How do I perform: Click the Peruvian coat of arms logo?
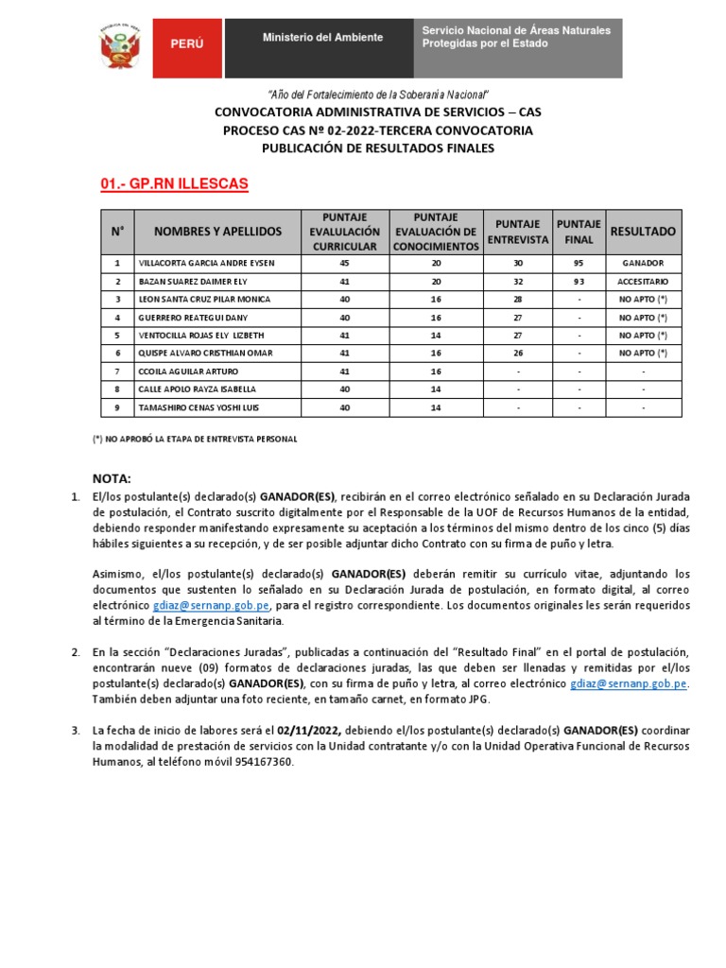pyautogui.click(x=121, y=46)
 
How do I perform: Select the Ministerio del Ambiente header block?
pyautogui.click(x=322, y=38)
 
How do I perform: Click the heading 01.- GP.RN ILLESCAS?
pyautogui.click(x=174, y=183)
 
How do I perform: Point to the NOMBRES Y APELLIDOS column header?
pyautogui.click(x=217, y=232)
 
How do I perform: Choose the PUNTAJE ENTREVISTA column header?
pyautogui.click(x=517, y=232)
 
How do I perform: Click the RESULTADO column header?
pyautogui.click(x=643, y=232)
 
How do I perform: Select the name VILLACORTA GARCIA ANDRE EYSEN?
pyautogui.click(x=206, y=263)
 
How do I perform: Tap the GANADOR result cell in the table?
pyautogui.click(x=643, y=263)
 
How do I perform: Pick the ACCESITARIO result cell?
pyautogui.click(x=643, y=281)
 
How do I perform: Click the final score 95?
pyautogui.click(x=579, y=263)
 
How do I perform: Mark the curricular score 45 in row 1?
pyautogui.click(x=344, y=263)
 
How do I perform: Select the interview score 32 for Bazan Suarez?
pyautogui.click(x=517, y=281)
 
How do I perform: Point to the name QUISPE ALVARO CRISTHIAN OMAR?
pyautogui.click(x=206, y=353)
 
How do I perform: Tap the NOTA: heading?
pyautogui.click(x=112, y=478)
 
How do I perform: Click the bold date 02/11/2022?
pyautogui.click(x=310, y=730)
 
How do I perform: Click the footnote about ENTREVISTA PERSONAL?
pyautogui.click(x=194, y=440)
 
